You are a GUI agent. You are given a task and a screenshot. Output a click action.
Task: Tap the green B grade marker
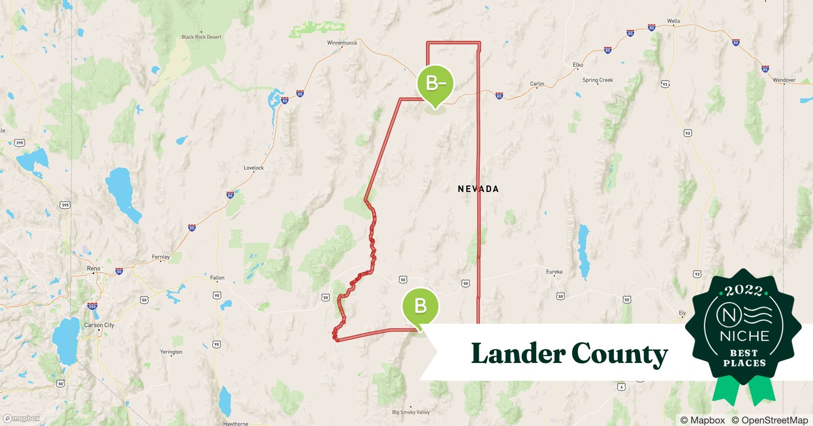point(421,306)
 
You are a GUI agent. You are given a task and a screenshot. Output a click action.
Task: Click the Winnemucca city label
point(342,43)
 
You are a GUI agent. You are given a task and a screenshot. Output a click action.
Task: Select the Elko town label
point(578,65)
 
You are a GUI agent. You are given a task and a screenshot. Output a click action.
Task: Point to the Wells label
point(673,21)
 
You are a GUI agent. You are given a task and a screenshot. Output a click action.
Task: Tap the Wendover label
point(784,80)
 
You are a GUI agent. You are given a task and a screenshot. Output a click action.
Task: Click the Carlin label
point(537,84)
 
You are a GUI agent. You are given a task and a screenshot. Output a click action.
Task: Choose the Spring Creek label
point(598,80)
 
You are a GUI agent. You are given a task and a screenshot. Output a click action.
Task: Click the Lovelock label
point(254,168)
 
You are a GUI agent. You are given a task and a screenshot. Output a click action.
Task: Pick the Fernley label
point(161,257)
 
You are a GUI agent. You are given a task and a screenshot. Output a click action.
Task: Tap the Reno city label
point(94,268)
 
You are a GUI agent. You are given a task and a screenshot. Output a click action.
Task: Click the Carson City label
point(99,325)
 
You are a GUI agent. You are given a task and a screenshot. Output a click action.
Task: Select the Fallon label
point(217,278)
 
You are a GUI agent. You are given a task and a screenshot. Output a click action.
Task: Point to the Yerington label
point(171,352)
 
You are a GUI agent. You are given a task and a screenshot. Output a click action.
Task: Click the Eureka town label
point(554,272)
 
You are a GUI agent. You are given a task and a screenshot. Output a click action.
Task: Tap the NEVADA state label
point(478,189)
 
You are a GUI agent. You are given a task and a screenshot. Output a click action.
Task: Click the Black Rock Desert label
point(201,37)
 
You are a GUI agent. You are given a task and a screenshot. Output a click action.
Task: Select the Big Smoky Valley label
point(411,412)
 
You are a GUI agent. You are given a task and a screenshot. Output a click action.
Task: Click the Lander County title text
point(570,354)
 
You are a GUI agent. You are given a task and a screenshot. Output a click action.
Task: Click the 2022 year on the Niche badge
point(744,291)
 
